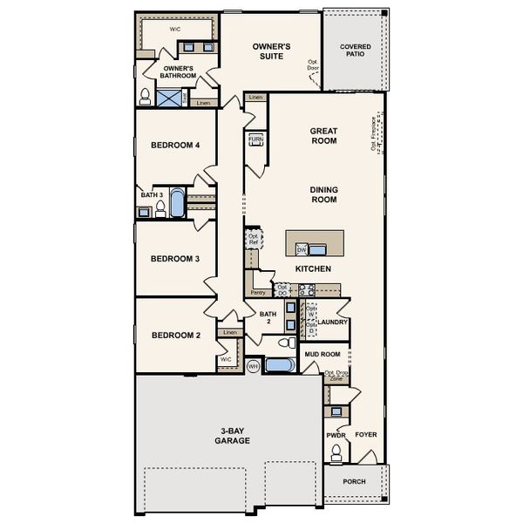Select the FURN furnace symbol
click(x=255, y=139)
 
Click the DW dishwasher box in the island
click(x=302, y=248)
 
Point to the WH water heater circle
click(x=253, y=366)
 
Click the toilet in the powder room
click(x=336, y=452)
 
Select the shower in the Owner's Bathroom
click(x=169, y=97)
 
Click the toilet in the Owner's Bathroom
click(x=145, y=95)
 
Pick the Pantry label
click(x=258, y=293)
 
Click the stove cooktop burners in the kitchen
click(x=307, y=289)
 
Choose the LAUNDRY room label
click(x=334, y=323)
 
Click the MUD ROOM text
click(x=322, y=355)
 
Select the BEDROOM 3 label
click(x=175, y=259)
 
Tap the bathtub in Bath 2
click(x=281, y=366)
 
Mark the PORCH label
click(x=354, y=482)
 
